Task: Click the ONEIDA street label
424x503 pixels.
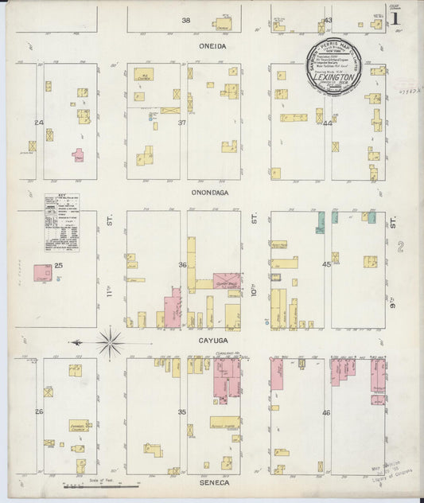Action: coord(212,47)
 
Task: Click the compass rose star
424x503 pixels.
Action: coord(110,343)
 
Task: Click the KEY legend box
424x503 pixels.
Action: coord(61,223)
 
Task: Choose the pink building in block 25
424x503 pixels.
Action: coord(42,273)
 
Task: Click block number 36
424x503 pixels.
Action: coord(182,265)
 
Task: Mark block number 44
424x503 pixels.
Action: coord(327,123)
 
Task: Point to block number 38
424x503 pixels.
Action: coord(186,20)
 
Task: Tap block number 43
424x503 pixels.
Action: coord(328,20)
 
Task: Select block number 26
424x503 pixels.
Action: coord(38,411)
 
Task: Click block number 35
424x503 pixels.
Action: coord(182,411)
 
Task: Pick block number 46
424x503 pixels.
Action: coord(326,412)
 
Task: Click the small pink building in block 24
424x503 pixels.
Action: coord(78,154)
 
